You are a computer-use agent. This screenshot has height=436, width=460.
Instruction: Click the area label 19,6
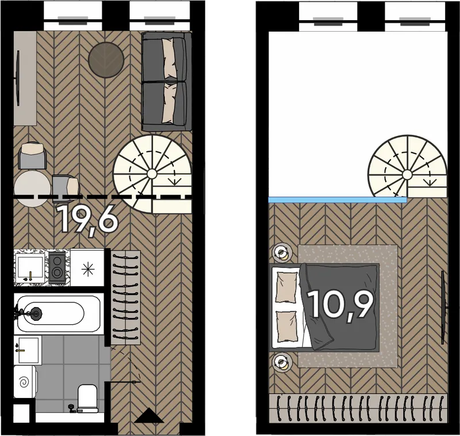(89, 219)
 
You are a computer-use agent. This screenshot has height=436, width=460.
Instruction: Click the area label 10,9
(341, 305)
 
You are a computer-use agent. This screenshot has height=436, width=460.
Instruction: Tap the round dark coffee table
(106, 60)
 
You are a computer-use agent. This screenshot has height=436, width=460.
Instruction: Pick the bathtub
(59, 313)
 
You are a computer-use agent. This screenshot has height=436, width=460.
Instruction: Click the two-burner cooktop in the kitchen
(57, 267)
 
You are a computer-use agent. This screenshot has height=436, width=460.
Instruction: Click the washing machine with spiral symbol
(25, 382)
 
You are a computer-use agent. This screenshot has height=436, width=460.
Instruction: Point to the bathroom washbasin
(28, 350)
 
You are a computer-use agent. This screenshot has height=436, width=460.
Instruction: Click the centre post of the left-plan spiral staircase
(152, 174)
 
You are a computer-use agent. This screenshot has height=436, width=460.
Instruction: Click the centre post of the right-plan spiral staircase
(407, 175)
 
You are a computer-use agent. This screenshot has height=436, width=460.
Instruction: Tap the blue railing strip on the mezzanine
(338, 200)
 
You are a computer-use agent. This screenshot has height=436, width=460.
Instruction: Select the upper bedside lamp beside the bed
(282, 253)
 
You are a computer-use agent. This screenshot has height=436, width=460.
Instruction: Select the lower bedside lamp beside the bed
(282, 362)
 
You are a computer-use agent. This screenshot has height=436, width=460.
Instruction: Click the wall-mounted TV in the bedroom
(444, 308)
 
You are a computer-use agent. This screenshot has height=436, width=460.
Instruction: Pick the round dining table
(32, 188)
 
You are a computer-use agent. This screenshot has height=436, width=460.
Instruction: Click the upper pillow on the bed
(286, 287)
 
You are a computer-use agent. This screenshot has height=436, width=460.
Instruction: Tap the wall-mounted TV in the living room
(18, 78)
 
